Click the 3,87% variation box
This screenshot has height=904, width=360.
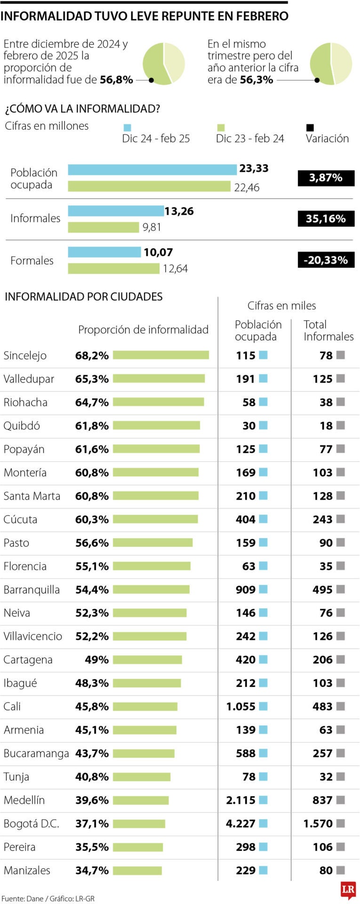coord(326,178)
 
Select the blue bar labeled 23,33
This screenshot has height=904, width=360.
coord(152,169)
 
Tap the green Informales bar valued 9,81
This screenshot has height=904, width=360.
coord(104,227)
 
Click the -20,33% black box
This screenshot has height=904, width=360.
coord(326,260)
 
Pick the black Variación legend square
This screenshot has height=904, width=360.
coord(310,128)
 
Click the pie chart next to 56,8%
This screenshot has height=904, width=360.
coord(163,64)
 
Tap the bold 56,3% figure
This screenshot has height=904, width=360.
coord(256,80)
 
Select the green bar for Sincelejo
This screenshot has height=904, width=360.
coord(160,355)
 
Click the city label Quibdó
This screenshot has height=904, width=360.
coord(22,426)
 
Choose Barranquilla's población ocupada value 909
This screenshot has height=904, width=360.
coord(246,589)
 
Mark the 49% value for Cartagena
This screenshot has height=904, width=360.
coord(96,660)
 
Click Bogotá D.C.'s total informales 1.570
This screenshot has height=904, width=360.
coord(318,823)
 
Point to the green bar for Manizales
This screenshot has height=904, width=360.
coord(137,871)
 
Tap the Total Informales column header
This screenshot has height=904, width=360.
coord(328,331)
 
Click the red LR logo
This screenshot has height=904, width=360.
coord(348,889)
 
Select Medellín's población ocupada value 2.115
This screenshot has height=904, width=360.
coord(240,800)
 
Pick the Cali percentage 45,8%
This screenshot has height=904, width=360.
coord(92,706)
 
